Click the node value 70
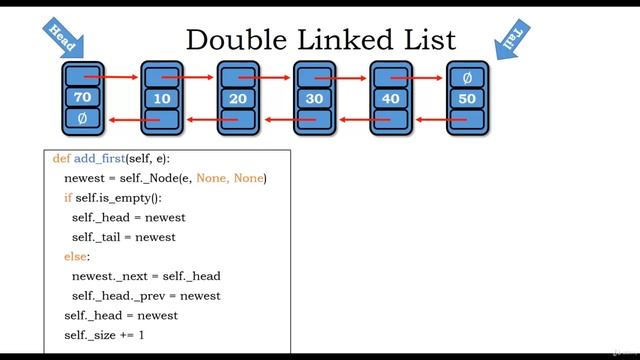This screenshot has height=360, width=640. (83, 97)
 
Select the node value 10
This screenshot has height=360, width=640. (161, 98)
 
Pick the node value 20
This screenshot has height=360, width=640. (238, 98)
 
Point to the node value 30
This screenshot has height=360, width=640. (314, 98)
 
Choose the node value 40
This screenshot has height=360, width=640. (390, 98)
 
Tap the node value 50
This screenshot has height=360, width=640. (466, 98)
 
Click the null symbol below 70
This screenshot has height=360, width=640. (82, 119)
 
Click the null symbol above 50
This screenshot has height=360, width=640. (466, 76)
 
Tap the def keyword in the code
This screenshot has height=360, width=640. (61, 159)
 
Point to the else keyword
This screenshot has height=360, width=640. (76, 257)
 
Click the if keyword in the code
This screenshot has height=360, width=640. (68, 198)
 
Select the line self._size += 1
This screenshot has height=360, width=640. (104, 334)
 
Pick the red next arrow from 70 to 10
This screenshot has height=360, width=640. (122, 76)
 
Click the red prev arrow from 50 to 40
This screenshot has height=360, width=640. (430, 120)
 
